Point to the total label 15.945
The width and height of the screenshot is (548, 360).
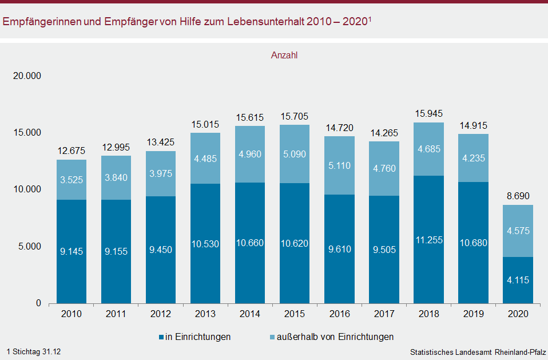click(428, 113)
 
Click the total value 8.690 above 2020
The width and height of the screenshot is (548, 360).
click(518, 196)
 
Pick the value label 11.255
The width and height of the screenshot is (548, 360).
click(428, 240)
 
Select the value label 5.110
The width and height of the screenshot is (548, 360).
click(339, 166)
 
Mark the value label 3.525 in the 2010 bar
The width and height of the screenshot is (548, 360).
click(72, 180)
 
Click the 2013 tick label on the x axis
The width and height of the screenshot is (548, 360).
click(205, 314)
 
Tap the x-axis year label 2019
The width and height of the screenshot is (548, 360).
click(473, 314)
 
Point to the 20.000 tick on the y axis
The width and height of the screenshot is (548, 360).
click(27, 76)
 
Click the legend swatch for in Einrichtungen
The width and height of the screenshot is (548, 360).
click(160, 337)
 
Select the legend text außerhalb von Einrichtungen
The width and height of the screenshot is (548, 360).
click(335, 337)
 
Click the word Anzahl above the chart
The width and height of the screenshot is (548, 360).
click(284, 56)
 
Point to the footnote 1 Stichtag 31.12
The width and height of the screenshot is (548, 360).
click(34, 351)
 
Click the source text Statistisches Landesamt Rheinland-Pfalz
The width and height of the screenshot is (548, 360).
click(478, 351)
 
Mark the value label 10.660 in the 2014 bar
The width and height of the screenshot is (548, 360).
click(250, 243)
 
